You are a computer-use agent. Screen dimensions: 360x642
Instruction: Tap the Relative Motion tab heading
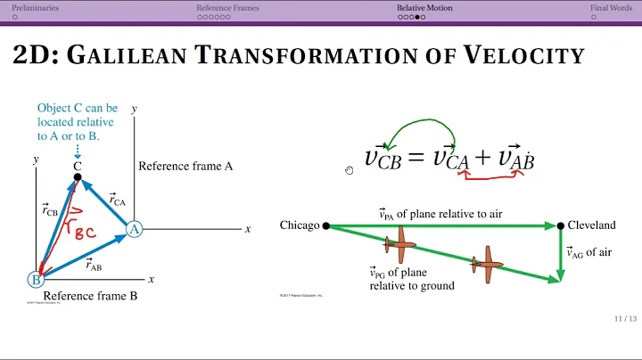click(424, 8)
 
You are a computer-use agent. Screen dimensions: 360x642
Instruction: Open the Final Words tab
click(611, 8)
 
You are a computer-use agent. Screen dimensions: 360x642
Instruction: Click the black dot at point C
click(78, 177)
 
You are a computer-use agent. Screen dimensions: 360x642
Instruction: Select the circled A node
click(134, 229)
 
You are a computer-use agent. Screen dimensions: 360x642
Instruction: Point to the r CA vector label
click(119, 200)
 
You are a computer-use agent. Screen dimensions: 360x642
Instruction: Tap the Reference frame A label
click(185, 167)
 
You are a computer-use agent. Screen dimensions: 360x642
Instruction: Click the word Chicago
click(299, 225)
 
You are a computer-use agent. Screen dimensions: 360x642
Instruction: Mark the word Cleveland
click(591, 225)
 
